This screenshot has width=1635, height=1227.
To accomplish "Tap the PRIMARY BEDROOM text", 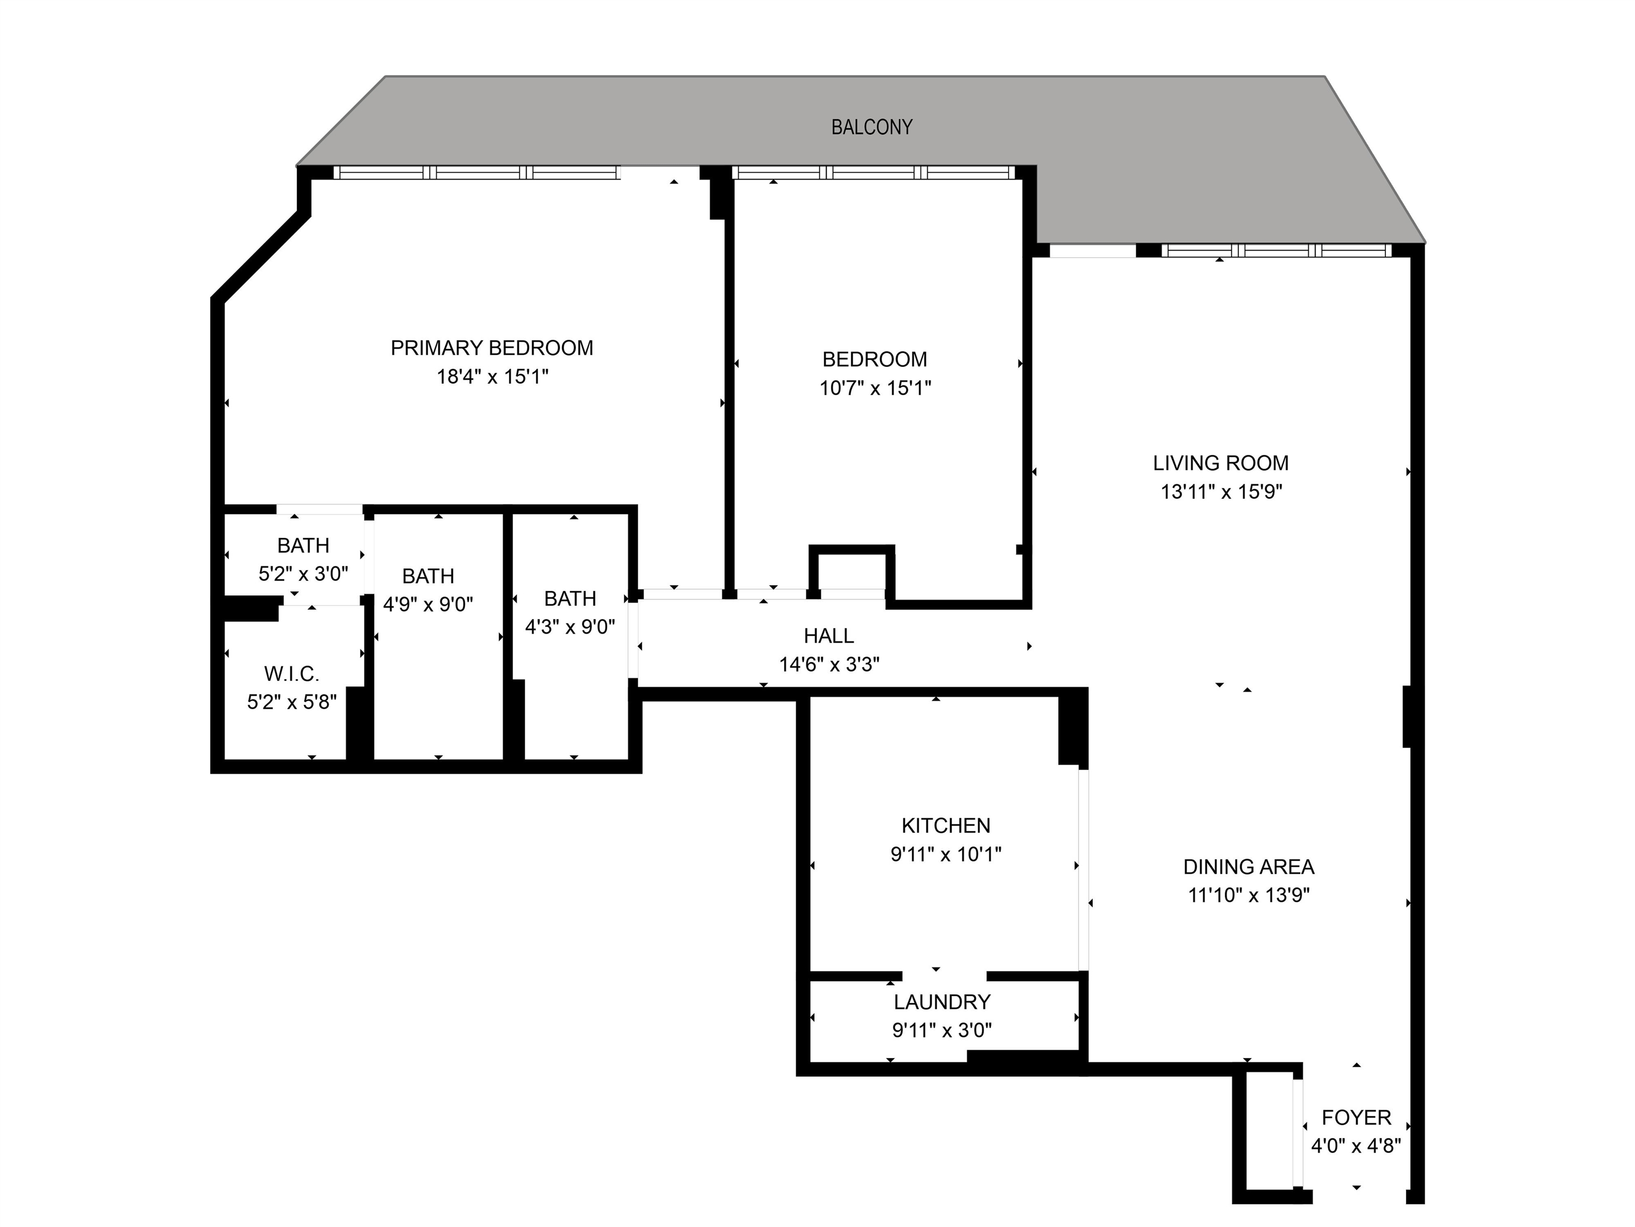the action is [492, 348].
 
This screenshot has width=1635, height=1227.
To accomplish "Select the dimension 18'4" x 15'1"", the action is [492, 377].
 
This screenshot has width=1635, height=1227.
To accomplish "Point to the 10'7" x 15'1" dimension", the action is [875, 388].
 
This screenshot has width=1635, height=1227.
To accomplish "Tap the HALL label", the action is [829, 635].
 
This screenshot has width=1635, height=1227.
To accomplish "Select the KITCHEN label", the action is [946, 825].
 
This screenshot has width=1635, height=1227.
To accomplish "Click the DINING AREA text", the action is [1249, 867].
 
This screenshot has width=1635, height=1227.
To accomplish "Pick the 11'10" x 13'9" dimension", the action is [1249, 895].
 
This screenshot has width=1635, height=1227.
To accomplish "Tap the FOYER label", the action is [1356, 1117].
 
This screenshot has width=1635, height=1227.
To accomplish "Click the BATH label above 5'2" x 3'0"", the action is [303, 545].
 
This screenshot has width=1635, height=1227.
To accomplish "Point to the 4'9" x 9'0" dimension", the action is [428, 604].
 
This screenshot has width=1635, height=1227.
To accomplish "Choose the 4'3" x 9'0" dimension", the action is [570, 627].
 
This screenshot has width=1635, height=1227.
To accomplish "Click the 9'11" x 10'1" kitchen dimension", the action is [946, 854].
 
